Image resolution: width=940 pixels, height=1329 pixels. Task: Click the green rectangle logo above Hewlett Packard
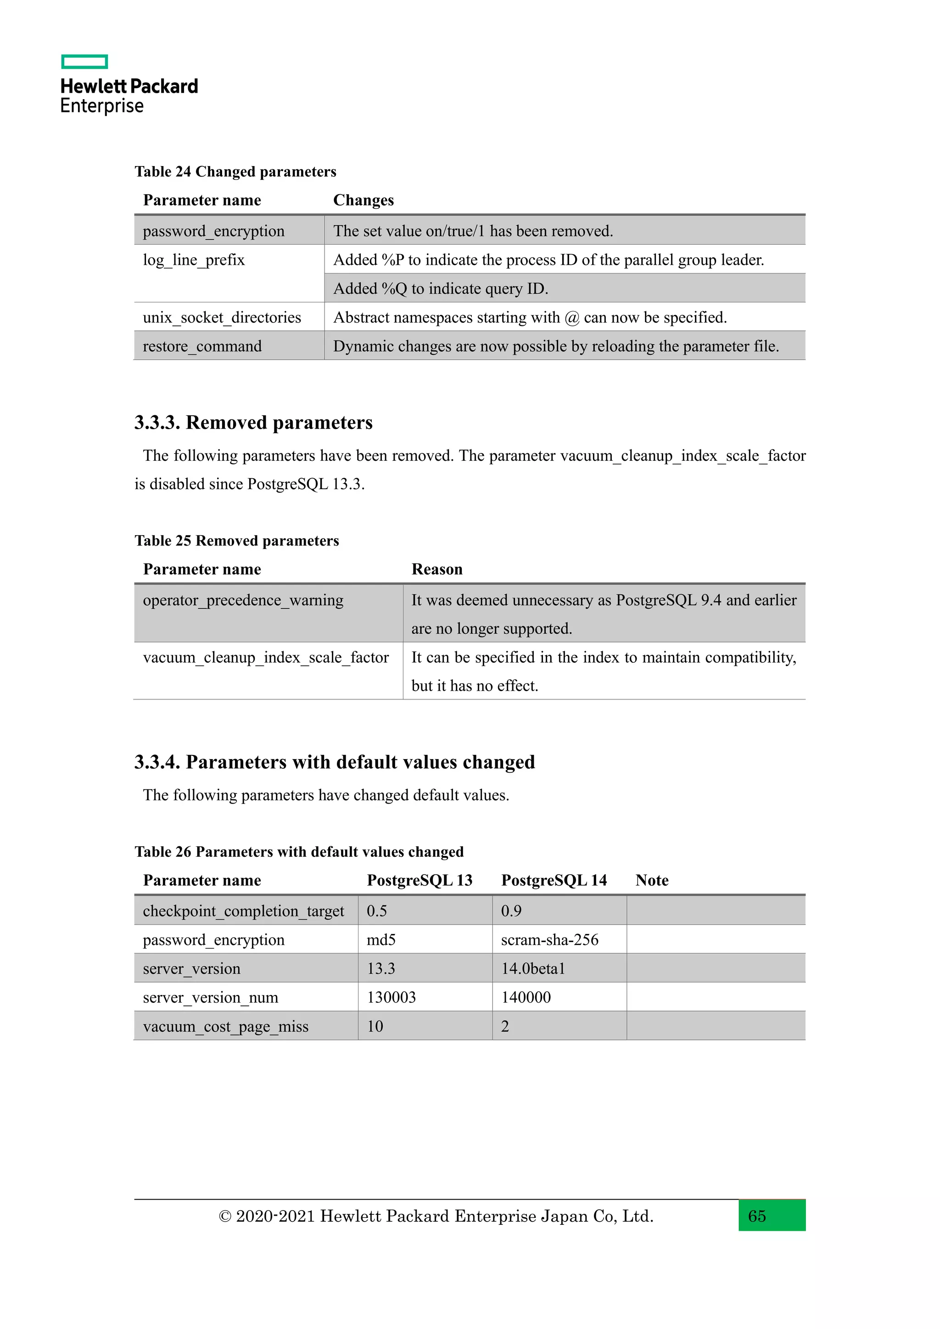[84, 61]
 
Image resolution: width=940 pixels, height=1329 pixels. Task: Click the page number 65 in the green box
[757, 1216]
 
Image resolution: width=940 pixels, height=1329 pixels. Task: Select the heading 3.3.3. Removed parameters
[253, 423]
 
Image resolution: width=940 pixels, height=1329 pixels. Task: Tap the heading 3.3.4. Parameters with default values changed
[335, 762]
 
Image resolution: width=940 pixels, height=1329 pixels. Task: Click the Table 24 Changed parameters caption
[235, 172]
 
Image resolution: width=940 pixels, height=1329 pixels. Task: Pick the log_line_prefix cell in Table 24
[194, 260]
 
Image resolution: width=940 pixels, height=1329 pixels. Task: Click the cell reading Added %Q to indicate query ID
[441, 288]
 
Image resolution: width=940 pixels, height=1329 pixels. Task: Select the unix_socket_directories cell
[222, 317]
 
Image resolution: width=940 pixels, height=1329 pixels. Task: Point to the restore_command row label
[202, 346]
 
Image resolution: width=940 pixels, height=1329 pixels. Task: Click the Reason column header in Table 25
[437, 570]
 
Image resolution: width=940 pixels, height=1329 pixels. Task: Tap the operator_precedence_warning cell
[243, 600]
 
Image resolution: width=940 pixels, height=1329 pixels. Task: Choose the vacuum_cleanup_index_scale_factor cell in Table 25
[266, 658]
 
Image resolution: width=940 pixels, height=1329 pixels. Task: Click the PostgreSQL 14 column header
[554, 880]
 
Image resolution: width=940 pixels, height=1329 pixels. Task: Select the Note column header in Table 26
[652, 880]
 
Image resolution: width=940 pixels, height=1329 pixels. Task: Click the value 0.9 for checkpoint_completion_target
[511, 911]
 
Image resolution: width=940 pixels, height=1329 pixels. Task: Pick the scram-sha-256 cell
[549, 940]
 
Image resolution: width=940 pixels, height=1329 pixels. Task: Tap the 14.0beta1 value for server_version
[532, 969]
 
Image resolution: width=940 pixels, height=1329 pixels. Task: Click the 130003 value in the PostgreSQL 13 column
[391, 997]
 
